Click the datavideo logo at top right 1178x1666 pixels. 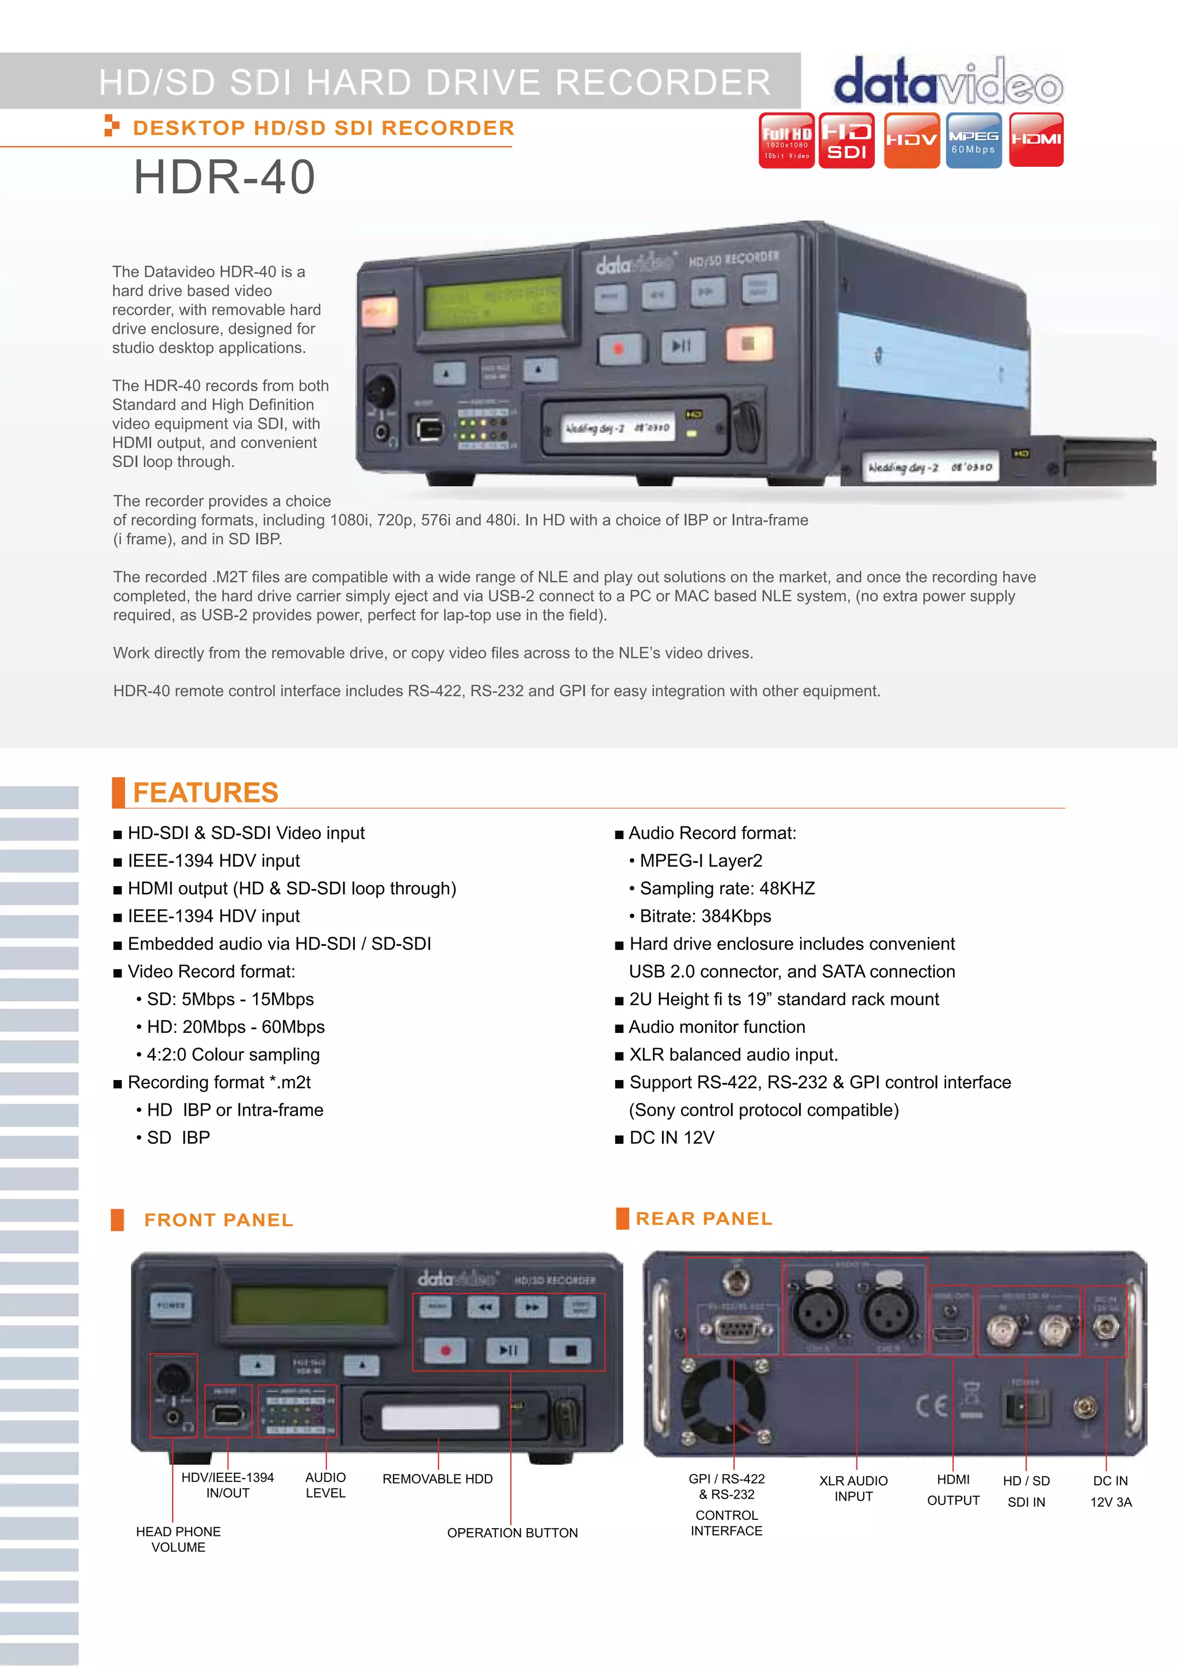pyautogui.click(x=948, y=81)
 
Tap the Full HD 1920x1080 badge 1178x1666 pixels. pyautogui.click(x=786, y=140)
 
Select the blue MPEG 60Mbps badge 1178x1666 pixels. pyautogui.click(x=973, y=140)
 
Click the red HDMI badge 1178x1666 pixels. pyautogui.click(x=1037, y=140)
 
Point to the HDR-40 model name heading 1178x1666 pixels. pyautogui.click(x=224, y=177)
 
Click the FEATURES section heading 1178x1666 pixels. pyautogui.click(x=205, y=792)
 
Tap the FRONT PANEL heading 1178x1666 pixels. pyautogui.click(x=219, y=1220)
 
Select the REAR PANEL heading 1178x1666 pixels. pyautogui.click(x=703, y=1218)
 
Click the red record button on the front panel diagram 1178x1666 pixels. pyautogui.click(x=445, y=1350)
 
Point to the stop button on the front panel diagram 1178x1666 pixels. pyautogui.click(x=571, y=1350)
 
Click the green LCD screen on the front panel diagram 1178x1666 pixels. pyautogui.click(x=309, y=1306)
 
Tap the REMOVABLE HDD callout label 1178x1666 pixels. pyautogui.click(x=437, y=1479)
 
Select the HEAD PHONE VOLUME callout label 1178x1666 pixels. pyautogui.click(x=178, y=1539)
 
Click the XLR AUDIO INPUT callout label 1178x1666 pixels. pyautogui.click(x=853, y=1488)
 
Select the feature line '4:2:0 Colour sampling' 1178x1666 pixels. pyautogui.click(x=233, y=1054)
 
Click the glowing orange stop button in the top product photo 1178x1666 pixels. pyautogui.click(x=748, y=343)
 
